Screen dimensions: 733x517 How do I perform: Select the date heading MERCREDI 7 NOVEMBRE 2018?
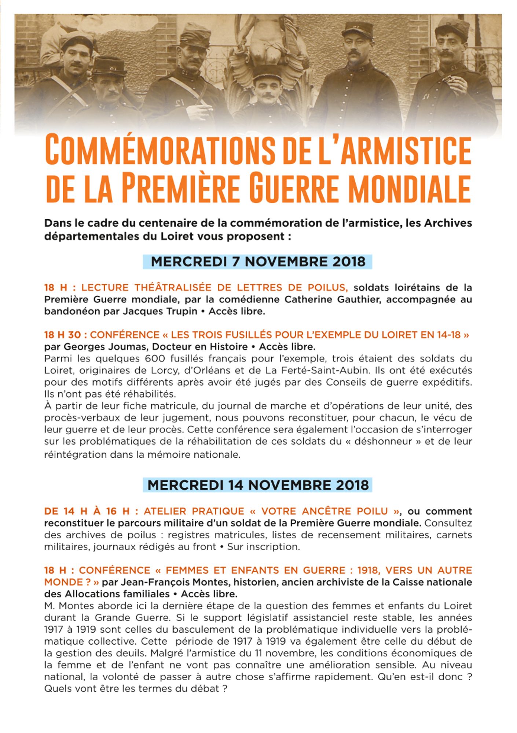tap(258, 262)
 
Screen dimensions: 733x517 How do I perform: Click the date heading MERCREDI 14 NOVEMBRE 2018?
tap(258, 485)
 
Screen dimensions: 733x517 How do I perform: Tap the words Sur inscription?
tap(263, 547)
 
